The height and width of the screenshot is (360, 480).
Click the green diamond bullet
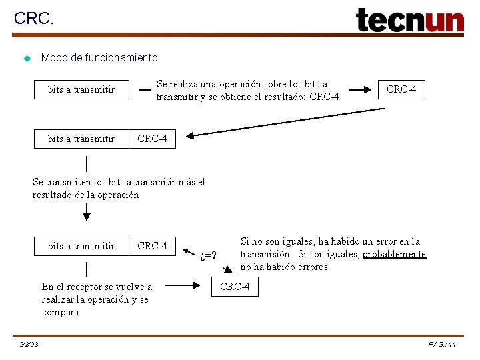pyautogui.click(x=27, y=59)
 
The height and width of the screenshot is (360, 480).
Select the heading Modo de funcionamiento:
pyautogui.click(x=101, y=58)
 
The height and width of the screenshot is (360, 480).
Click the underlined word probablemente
pyautogui.click(x=394, y=254)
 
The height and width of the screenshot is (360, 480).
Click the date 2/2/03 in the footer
pyautogui.click(x=29, y=344)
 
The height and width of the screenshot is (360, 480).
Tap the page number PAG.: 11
pyautogui.click(x=442, y=344)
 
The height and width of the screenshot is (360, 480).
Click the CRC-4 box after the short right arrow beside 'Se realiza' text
pyautogui.click(x=401, y=89)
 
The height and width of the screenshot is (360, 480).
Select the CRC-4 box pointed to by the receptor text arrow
pyautogui.click(x=235, y=287)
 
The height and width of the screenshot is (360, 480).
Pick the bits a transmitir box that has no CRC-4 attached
pyautogui.click(x=81, y=89)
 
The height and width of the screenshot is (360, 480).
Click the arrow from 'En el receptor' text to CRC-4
pyautogui.click(x=187, y=287)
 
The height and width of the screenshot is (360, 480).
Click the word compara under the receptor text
pyautogui.click(x=60, y=312)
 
